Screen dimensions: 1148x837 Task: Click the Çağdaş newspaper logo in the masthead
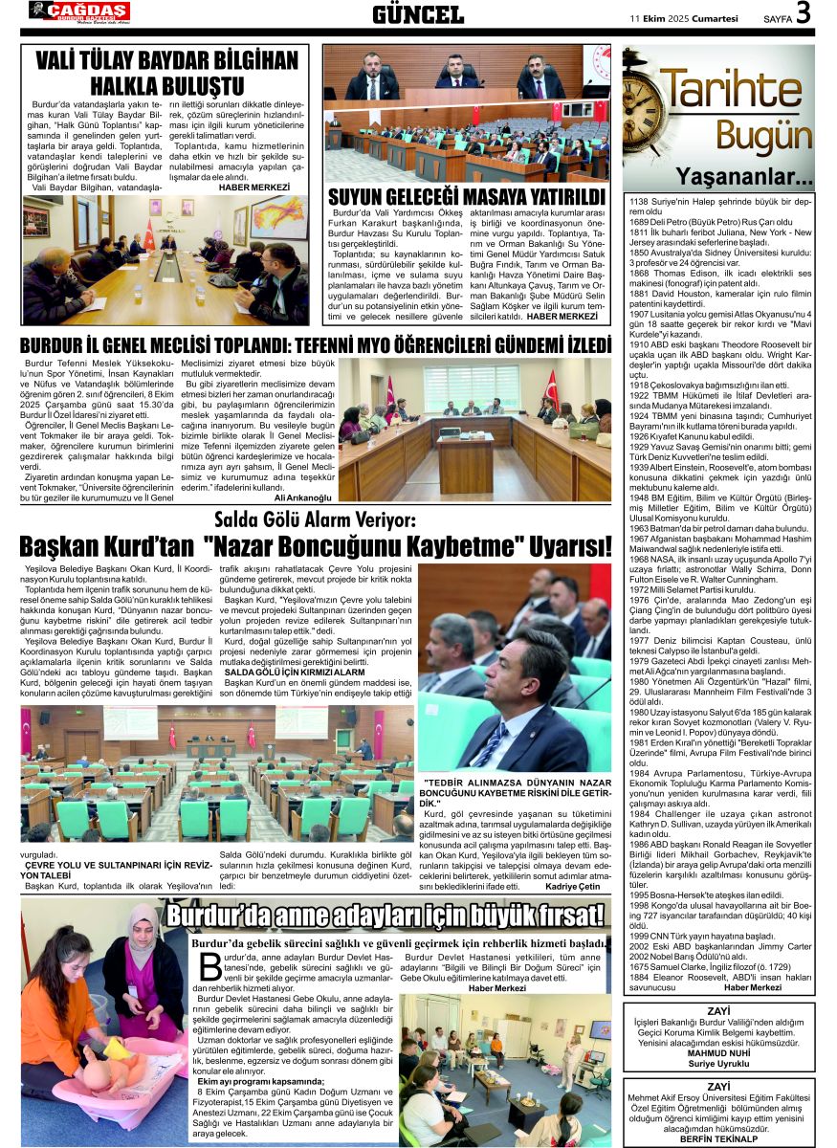pyautogui.click(x=79, y=11)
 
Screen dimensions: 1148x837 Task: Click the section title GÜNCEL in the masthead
pyautogui.click(x=418, y=14)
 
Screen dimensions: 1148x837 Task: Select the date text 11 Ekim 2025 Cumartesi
pyautogui.click(x=684, y=17)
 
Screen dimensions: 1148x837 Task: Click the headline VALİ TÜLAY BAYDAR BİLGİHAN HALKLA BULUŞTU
pyautogui.click(x=167, y=74)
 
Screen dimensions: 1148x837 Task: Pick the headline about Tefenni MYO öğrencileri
pyautogui.click(x=316, y=344)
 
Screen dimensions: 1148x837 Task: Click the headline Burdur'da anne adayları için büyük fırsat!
pyautogui.click(x=385, y=916)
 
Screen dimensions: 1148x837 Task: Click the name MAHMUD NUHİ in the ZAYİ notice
pyautogui.click(x=718, y=1053)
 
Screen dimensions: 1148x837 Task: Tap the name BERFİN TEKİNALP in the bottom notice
pyautogui.click(x=718, y=1138)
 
